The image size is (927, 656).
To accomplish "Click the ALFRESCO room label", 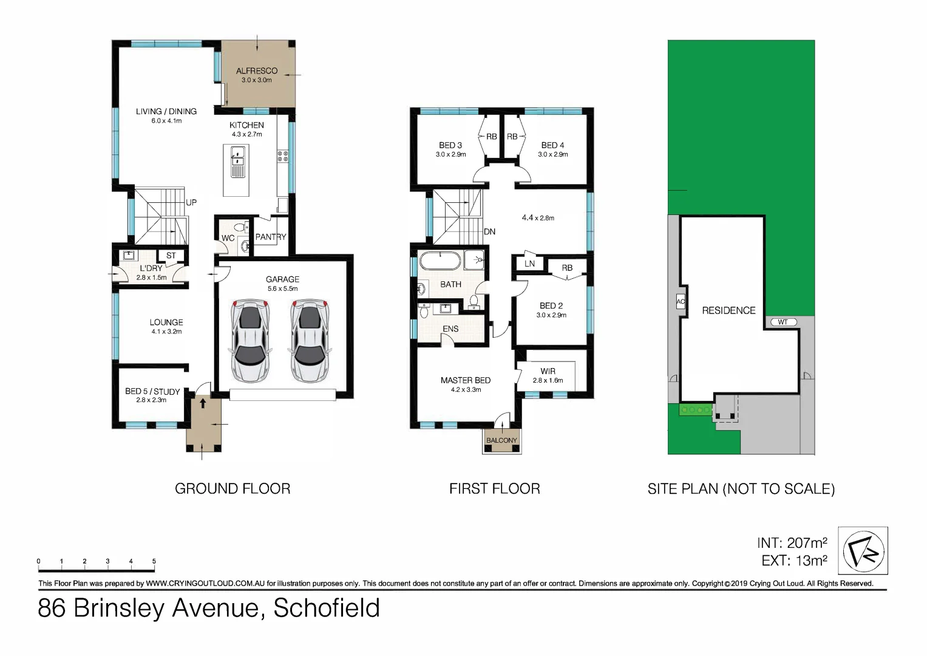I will pos(256,71).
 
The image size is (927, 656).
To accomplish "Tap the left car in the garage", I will pos(250,340).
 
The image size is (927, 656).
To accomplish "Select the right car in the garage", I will pos(310,340).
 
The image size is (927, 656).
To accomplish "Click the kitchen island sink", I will pos(237,161).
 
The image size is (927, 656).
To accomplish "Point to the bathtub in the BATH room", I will pos(440,261).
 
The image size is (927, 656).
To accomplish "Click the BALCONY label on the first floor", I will pos(501,440).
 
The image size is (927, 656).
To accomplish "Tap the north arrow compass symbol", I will pos(863,551).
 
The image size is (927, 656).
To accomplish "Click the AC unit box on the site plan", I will pos(681,302).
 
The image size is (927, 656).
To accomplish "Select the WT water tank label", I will pos(783,322).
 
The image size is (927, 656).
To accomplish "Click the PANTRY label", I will pos(270,237).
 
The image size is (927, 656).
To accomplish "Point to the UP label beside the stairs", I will pos(191,202).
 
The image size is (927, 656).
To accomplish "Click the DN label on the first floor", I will pos(489,231).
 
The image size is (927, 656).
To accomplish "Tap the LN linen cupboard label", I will pos(529,264).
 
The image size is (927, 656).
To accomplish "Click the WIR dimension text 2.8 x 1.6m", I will pos(548,381).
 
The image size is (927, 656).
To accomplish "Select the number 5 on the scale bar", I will pos(154,561).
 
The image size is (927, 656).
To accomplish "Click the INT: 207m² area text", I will pos(792,543).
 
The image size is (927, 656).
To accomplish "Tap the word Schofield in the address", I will pos(327,608).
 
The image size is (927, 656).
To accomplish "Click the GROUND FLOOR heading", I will pos(233,488).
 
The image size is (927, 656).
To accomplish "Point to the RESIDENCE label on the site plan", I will pos(728,310).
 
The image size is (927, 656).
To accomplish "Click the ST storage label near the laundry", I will pos(171,256).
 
